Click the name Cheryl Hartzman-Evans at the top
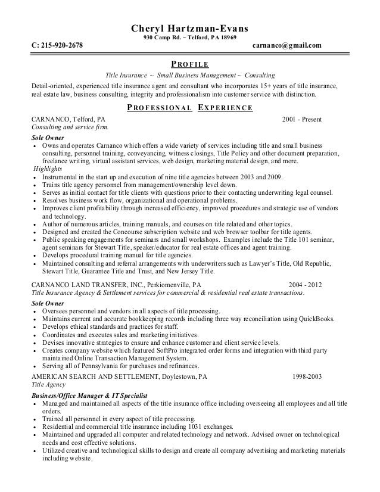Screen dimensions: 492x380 point(189,29)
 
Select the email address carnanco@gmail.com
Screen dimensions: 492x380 point(286,46)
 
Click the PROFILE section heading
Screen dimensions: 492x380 point(189,64)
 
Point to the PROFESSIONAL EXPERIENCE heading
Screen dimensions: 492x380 point(190,108)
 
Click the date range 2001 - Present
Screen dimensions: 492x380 point(302,119)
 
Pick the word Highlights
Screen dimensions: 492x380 point(48,169)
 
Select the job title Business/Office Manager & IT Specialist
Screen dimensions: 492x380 point(90,395)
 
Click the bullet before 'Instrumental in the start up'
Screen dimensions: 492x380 point(36,178)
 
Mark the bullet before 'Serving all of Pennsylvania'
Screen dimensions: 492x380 point(36,366)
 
